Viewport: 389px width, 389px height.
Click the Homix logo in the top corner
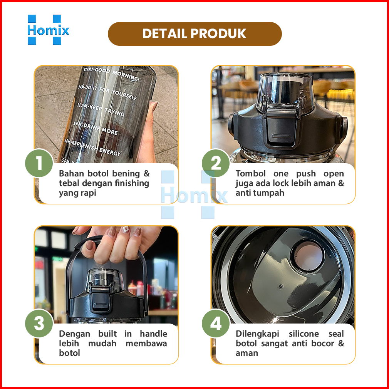pyautogui.click(x=48, y=30)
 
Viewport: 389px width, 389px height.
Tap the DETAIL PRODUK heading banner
pyautogui.click(x=195, y=34)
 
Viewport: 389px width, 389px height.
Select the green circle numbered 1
pyautogui.click(x=39, y=163)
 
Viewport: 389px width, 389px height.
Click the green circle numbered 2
pyautogui.click(x=216, y=163)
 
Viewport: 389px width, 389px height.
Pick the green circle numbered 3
pyautogui.click(x=39, y=323)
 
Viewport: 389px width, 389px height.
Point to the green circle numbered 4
pyautogui.click(x=216, y=323)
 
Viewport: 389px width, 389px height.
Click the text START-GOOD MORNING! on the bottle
pyautogui.click(x=111, y=74)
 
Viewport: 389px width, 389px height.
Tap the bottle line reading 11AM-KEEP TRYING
pyautogui.click(x=101, y=109)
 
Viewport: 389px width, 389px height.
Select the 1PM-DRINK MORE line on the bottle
pyautogui.click(x=95, y=128)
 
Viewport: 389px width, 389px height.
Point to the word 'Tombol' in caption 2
pyautogui.click(x=251, y=173)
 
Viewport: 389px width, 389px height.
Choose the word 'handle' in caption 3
pyautogui.click(x=153, y=334)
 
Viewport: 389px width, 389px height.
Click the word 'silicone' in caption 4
pyautogui.click(x=303, y=334)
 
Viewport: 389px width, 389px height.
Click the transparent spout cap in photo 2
pyautogui.click(x=285, y=93)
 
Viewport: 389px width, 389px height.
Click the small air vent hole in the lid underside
pyautogui.click(x=281, y=287)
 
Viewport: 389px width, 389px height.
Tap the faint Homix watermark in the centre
pyautogui.click(x=194, y=195)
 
